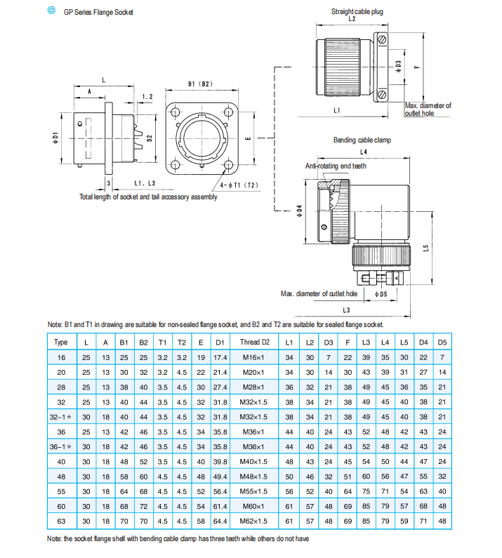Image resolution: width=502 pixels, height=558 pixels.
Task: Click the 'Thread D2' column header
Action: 255,342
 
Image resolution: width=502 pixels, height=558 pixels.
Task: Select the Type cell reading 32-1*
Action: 60,417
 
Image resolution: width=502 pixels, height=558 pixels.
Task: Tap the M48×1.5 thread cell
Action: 253,477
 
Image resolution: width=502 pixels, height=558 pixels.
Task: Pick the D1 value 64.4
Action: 220,522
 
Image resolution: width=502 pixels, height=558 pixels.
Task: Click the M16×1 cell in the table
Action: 253,358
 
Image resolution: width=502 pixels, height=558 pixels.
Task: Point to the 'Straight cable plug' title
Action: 357,12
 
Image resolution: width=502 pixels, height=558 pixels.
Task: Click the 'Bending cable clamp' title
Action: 362,140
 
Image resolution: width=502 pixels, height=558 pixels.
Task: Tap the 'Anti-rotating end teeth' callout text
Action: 336,166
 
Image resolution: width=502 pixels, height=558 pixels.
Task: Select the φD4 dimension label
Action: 299,211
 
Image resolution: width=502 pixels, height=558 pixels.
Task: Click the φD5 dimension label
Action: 381,294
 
